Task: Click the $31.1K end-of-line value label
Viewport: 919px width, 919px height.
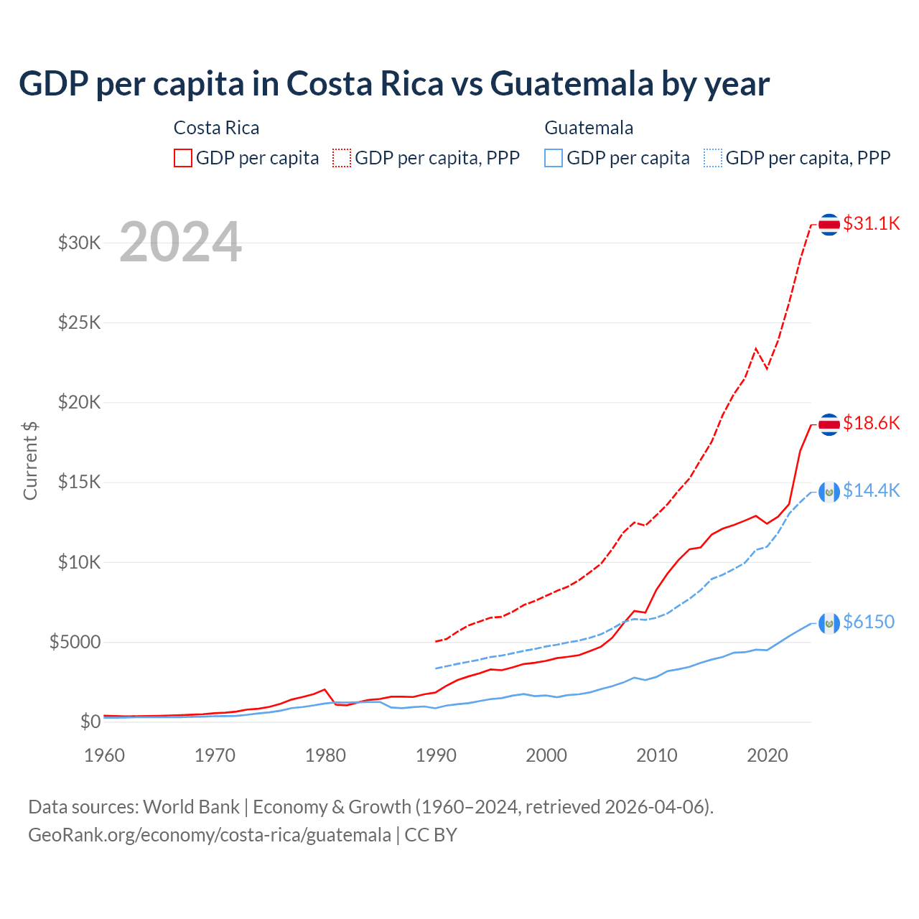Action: pyautogui.click(x=871, y=223)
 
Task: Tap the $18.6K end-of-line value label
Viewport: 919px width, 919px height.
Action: pyautogui.click(x=871, y=423)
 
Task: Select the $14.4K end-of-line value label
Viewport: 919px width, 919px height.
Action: pyautogui.click(x=871, y=490)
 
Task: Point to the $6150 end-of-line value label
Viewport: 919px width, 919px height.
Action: pyautogui.click(x=869, y=622)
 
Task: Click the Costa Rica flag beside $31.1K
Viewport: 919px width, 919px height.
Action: pyautogui.click(x=829, y=225)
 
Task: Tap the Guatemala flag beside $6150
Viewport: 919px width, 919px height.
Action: pyautogui.click(x=829, y=623)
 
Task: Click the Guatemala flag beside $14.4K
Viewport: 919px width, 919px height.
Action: pyautogui.click(x=829, y=492)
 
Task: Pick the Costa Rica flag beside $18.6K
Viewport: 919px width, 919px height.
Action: pyautogui.click(x=829, y=424)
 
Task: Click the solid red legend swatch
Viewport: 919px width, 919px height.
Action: pyautogui.click(x=183, y=158)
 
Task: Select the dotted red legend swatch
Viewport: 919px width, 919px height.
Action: pyautogui.click(x=342, y=158)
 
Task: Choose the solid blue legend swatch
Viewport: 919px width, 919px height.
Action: pyautogui.click(x=554, y=158)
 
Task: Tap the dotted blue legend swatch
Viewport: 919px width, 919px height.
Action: pyautogui.click(x=713, y=158)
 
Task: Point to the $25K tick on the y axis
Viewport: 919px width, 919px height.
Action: pyautogui.click(x=80, y=322)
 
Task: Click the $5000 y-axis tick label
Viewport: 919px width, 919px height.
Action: pyautogui.click(x=75, y=642)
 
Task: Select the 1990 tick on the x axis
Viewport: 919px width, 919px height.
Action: pyautogui.click(x=436, y=755)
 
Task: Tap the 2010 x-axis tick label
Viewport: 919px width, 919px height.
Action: pyautogui.click(x=657, y=755)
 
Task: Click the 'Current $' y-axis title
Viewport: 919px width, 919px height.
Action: pyautogui.click(x=30, y=461)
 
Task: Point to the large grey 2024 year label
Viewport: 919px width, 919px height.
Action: pyautogui.click(x=180, y=242)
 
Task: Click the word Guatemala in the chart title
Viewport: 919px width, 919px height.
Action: pyautogui.click(x=572, y=83)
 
